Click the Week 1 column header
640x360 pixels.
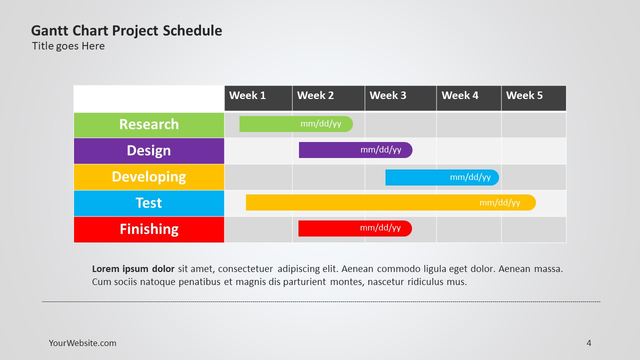click(x=258, y=98)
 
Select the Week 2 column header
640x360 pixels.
click(x=328, y=98)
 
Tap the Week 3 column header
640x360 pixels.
click(x=400, y=98)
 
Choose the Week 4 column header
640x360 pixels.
click(x=469, y=98)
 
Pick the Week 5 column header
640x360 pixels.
click(x=533, y=98)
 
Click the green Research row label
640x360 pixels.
click(x=149, y=125)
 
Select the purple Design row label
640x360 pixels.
click(x=149, y=151)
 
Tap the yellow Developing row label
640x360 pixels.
click(x=149, y=177)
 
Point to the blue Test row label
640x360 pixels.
click(x=149, y=203)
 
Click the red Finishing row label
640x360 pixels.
click(x=149, y=229)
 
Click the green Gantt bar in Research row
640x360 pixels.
click(x=296, y=124)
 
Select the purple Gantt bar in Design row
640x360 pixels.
click(x=355, y=150)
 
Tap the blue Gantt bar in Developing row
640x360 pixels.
click(x=442, y=177)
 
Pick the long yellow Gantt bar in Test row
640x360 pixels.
click(x=391, y=202)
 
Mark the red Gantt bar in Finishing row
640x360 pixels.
click(x=355, y=228)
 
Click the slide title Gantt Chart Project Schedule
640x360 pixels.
click(x=126, y=31)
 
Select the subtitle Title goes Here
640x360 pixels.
click(x=68, y=46)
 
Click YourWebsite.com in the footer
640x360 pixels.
click(x=82, y=343)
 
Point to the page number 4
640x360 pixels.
click(x=589, y=343)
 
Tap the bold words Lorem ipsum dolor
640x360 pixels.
click(x=133, y=269)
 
